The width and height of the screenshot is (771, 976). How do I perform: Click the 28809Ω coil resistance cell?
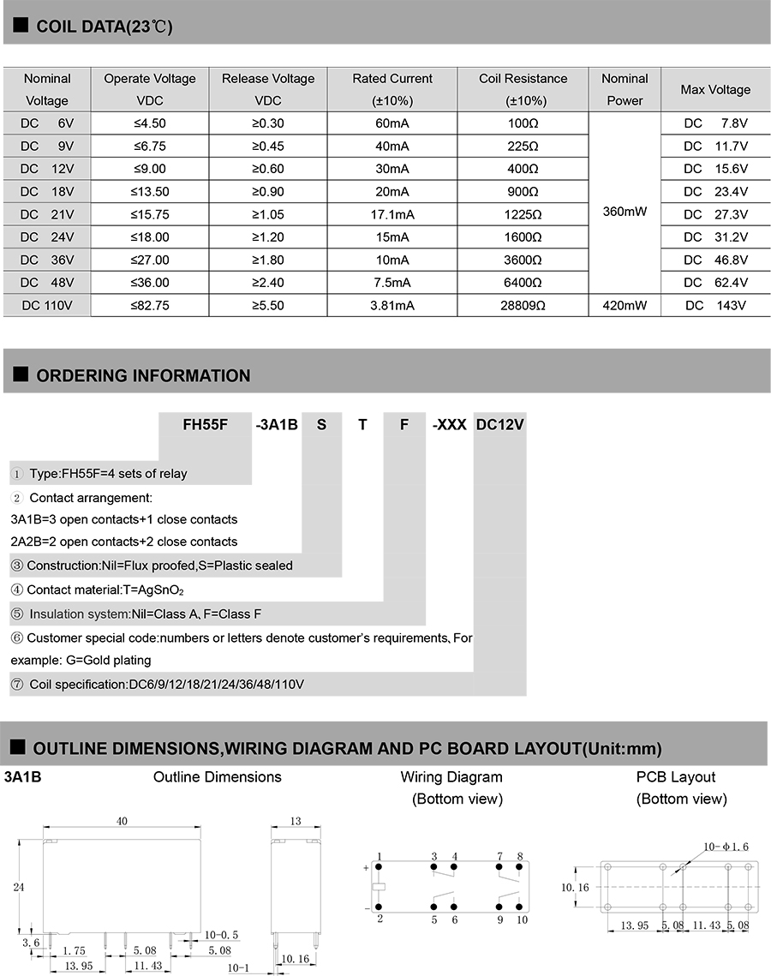tap(523, 305)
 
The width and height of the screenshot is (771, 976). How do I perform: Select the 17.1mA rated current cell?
tap(392, 213)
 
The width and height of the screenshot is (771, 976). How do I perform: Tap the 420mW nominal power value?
tap(624, 305)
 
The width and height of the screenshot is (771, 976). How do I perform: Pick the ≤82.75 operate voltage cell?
tap(149, 305)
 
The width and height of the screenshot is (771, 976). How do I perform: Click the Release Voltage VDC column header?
tap(267, 89)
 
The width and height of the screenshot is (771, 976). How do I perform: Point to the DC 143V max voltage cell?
tap(715, 305)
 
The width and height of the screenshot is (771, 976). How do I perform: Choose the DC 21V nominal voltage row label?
tap(47, 213)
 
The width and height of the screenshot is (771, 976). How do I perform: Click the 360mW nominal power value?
tap(624, 210)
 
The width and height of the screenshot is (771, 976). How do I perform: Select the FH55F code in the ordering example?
tap(206, 424)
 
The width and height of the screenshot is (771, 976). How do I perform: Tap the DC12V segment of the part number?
tap(499, 424)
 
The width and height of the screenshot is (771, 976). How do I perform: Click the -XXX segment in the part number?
tap(449, 424)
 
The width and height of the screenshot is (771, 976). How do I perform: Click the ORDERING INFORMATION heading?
tap(143, 375)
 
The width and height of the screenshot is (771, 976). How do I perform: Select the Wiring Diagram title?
tap(451, 777)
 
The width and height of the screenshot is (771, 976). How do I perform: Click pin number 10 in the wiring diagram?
tap(522, 919)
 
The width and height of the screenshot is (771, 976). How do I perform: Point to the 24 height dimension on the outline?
tap(19, 888)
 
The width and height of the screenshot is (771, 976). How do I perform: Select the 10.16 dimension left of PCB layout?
tap(576, 888)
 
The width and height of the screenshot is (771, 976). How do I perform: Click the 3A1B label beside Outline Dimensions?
tap(23, 778)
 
